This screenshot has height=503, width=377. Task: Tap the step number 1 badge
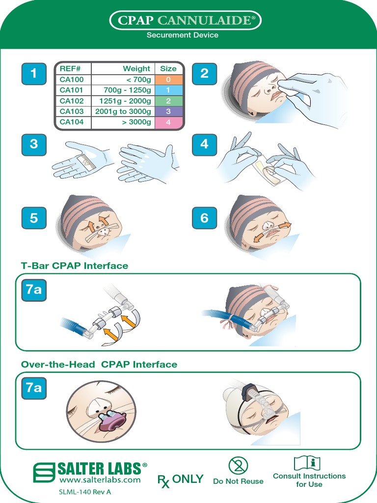tap(33, 74)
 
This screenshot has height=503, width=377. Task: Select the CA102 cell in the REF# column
tap(72, 101)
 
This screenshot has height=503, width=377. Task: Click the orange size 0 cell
tap(168, 80)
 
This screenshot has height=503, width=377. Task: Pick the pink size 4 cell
tap(168, 123)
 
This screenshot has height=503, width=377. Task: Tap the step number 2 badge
tap(204, 74)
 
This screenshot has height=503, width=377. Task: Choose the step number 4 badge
tap(204, 144)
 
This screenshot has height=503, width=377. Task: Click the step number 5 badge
tap(33, 218)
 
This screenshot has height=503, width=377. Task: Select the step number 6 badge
tap(204, 218)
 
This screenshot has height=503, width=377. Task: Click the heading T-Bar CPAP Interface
tap(74, 266)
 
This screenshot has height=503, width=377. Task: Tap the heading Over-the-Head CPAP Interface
tap(99, 364)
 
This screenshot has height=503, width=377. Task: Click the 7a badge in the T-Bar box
tap(33, 290)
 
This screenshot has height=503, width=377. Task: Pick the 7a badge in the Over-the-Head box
tap(33, 388)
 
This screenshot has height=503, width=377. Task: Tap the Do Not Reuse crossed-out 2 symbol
tap(238, 466)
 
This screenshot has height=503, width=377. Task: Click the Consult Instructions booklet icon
tap(307, 463)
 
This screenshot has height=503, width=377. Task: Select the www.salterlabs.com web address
tap(100, 480)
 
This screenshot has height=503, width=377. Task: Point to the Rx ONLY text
tap(180, 479)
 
